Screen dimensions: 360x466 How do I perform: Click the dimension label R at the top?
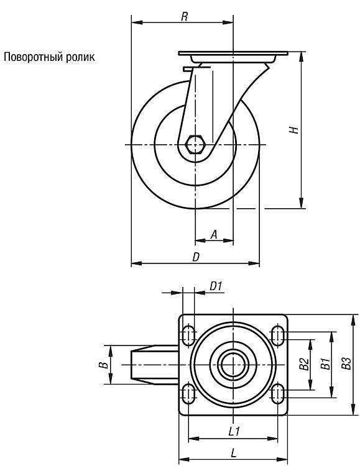[185, 17]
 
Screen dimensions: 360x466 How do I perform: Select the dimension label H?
[294, 130]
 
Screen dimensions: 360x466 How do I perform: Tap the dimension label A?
[214, 234]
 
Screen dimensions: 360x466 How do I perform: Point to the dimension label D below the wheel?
[195, 257]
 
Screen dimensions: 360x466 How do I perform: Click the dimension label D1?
[216, 286]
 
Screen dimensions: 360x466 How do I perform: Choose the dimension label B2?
[304, 364]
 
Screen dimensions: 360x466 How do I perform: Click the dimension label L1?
[234, 431]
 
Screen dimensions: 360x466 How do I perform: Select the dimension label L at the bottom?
[234, 453]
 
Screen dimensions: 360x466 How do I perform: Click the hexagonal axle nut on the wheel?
[195, 144]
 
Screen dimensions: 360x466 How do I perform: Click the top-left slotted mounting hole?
[188, 336]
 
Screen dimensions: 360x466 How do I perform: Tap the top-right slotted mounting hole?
[277, 336]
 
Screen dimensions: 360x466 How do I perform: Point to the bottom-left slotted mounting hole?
[188, 393]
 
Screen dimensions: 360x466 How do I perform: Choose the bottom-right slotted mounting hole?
[277, 393]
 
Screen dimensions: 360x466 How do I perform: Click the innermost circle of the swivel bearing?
[234, 365]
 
